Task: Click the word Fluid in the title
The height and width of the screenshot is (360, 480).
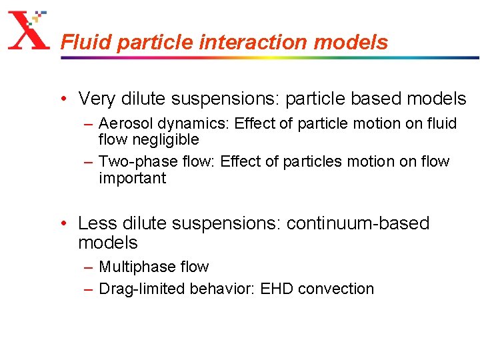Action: click(x=79, y=43)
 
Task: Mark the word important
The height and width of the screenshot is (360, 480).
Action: click(x=132, y=178)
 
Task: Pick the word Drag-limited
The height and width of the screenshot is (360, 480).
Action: click(x=142, y=289)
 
